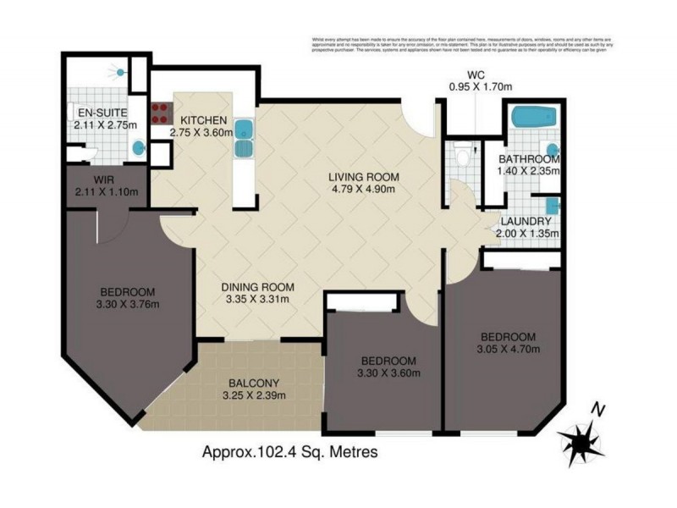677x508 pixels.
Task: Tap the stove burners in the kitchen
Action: [160, 113]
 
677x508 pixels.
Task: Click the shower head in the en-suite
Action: [123, 74]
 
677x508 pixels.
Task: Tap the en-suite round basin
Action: [138, 149]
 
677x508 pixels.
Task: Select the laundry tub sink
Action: [552, 206]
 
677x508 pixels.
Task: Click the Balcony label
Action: [254, 382]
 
